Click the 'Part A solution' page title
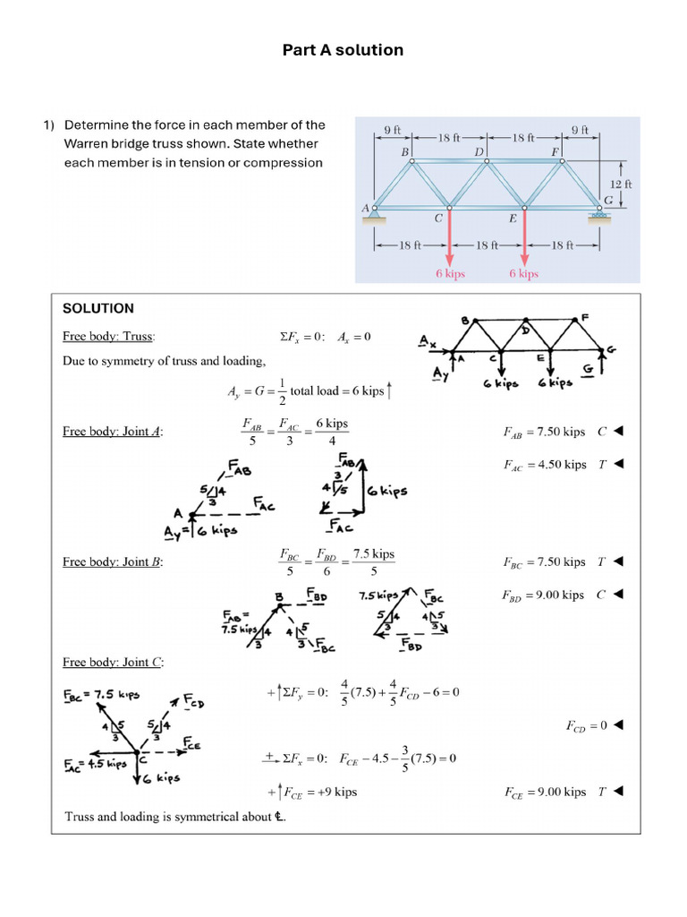click(343, 50)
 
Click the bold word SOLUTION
click(98, 308)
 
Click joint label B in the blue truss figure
click(404, 152)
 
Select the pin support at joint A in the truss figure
click(375, 212)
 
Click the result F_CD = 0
click(587, 725)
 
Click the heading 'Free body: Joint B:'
click(113, 562)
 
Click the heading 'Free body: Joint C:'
click(113, 663)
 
